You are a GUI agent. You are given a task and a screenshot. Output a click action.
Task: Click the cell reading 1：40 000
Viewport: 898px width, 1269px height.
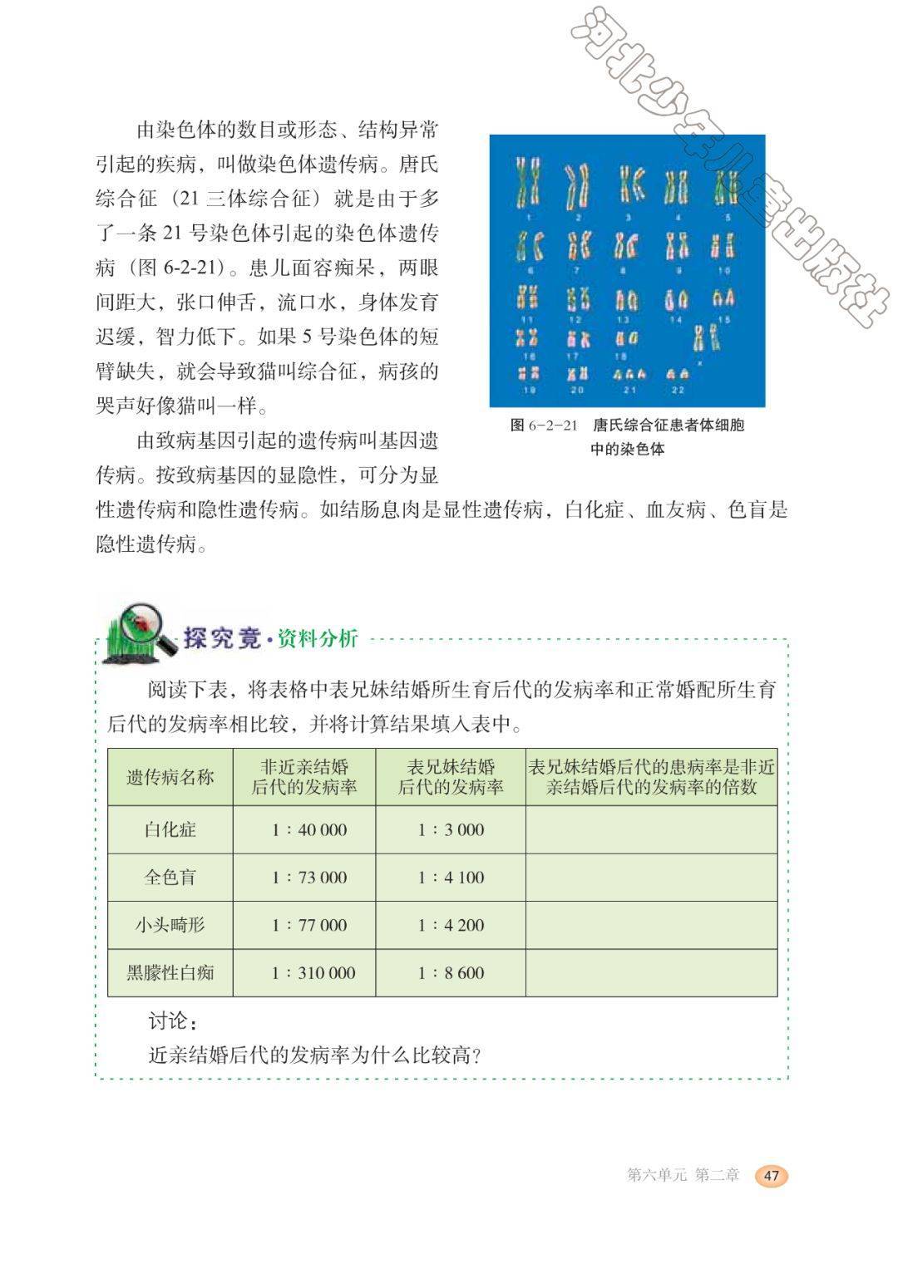[x=308, y=829]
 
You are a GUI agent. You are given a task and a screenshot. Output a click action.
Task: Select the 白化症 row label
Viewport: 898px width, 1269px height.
[x=170, y=829]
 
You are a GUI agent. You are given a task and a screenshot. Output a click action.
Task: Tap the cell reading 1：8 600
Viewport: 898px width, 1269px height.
[x=451, y=972]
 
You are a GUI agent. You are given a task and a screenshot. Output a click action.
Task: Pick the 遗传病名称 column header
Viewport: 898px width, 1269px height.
[x=170, y=777]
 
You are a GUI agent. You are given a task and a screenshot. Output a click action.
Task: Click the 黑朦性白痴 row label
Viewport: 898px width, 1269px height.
[x=170, y=972]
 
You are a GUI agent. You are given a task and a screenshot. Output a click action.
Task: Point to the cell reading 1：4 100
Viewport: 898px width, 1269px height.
[x=451, y=877]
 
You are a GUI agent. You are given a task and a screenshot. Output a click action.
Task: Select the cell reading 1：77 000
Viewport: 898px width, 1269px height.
[x=308, y=924]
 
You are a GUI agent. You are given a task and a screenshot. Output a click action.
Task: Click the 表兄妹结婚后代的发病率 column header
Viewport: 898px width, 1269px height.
[x=451, y=777]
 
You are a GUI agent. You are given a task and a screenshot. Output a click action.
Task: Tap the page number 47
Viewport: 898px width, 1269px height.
[x=771, y=1175]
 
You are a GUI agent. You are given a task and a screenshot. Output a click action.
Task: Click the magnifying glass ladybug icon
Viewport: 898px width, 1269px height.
[x=137, y=634]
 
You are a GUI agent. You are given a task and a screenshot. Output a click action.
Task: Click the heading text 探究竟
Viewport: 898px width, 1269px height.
[x=221, y=638]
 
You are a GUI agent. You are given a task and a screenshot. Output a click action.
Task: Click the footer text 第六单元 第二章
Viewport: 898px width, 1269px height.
[x=683, y=1175]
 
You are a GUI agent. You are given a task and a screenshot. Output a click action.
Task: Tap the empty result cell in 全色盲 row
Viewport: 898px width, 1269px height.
[x=651, y=877]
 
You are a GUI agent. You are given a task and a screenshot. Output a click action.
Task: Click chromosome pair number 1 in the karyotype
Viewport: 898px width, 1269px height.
[x=527, y=183]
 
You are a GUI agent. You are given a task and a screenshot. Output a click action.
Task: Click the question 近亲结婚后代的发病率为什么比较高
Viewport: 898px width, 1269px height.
[x=316, y=1055]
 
